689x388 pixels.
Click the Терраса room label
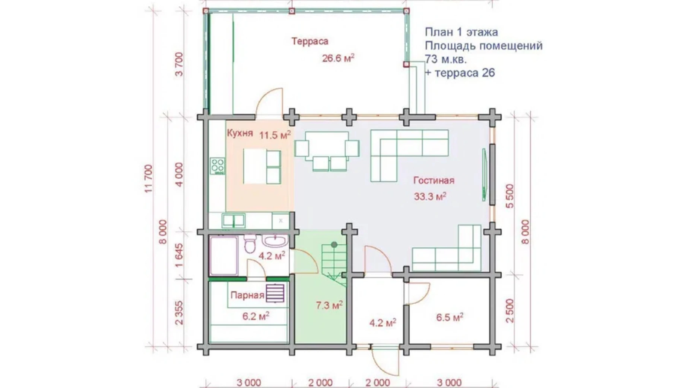[x=309, y=41]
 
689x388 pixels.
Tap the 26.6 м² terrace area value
[x=338, y=59]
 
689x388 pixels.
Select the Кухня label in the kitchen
[x=239, y=133]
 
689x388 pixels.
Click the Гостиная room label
[x=434, y=181]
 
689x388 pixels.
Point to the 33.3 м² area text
[x=430, y=196]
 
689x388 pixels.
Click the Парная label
[x=247, y=295]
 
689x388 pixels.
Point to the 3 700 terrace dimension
[x=180, y=65]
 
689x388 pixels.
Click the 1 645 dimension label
[x=179, y=255]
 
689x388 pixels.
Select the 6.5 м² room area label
[x=450, y=317]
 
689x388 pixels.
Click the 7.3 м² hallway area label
[x=329, y=306]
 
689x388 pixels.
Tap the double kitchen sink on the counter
[x=233, y=220]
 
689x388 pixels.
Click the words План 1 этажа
[x=461, y=32]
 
